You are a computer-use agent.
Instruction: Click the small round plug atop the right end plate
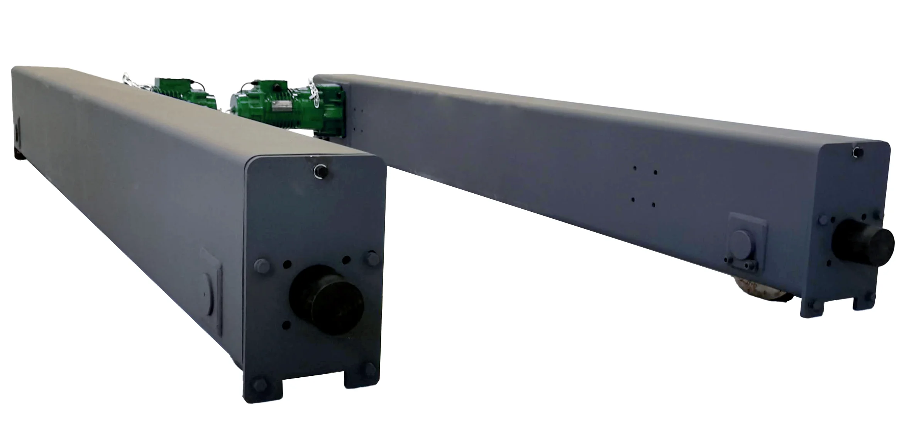[857, 153]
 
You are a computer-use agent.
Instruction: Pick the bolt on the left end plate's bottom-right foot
[369, 370]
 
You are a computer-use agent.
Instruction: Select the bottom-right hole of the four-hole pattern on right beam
[653, 204]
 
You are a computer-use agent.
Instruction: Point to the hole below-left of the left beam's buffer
[286, 325]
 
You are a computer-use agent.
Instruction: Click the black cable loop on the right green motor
[255, 84]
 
